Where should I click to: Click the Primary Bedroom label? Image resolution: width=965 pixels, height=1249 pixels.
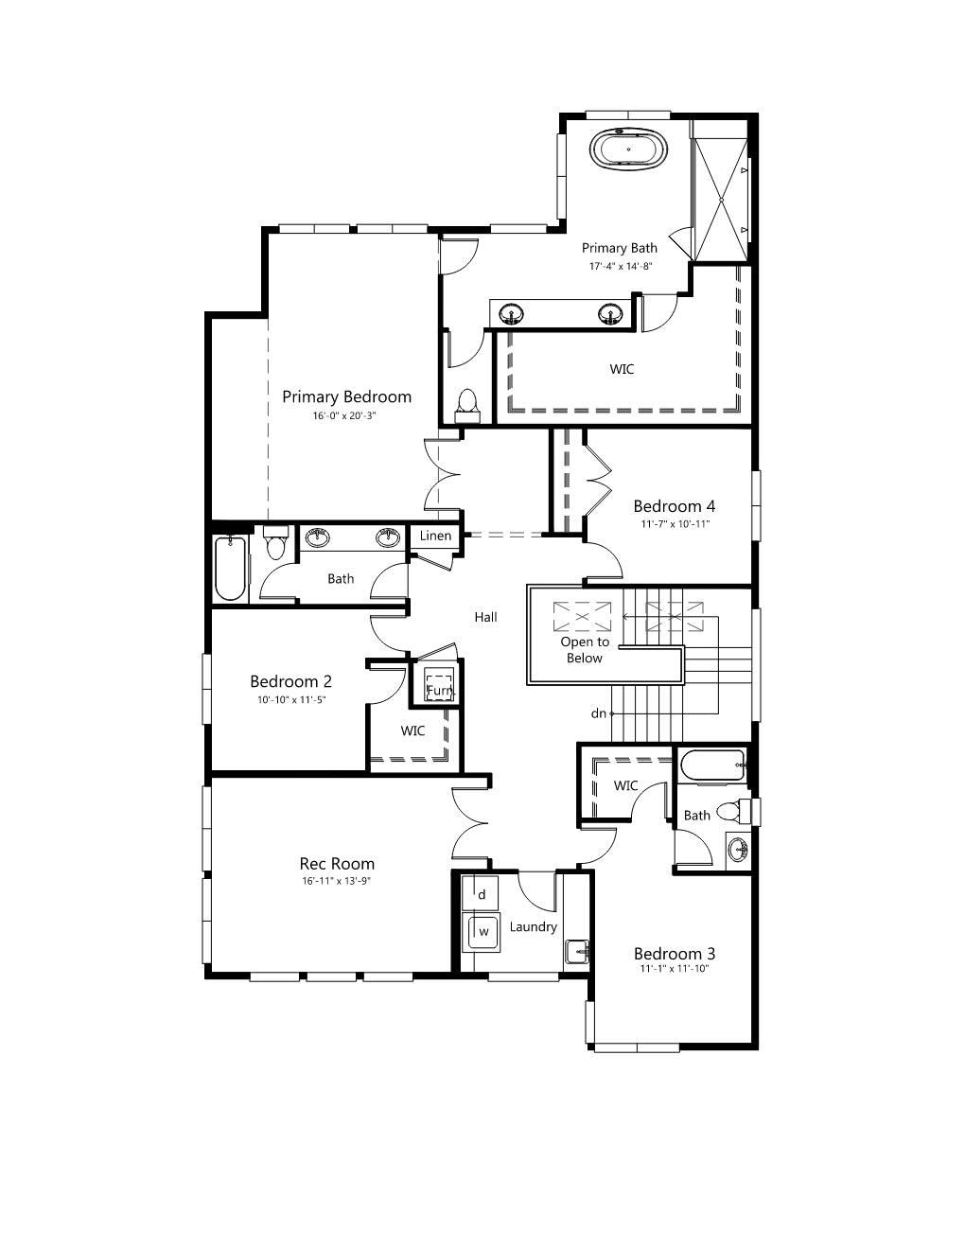(346, 397)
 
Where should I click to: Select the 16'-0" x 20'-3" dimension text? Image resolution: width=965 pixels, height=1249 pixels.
(344, 415)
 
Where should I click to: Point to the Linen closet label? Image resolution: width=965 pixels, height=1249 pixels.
(435, 536)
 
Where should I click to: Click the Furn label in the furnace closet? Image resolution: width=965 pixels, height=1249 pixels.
(440, 690)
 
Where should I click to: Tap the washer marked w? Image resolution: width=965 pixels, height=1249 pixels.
(482, 932)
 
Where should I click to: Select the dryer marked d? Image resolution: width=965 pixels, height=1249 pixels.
(481, 894)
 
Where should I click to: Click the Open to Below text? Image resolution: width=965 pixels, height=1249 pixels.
(585, 650)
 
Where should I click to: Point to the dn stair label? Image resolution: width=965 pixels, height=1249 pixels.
(599, 713)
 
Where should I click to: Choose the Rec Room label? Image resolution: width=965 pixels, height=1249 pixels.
(337, 864)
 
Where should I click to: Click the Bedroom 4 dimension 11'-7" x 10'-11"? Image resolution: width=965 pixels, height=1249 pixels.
(675, 524)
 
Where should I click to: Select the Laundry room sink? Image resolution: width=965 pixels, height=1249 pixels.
(576, 951)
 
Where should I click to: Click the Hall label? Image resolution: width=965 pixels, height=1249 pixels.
(485, 617)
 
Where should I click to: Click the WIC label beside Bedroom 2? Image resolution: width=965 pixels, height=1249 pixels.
(412, 731)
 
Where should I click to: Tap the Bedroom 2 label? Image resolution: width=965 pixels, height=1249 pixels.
(290, 681)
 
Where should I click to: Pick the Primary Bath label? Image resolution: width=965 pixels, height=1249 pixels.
(619, 248)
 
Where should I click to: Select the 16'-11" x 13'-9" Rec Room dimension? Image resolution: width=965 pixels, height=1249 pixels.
(337, 881)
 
